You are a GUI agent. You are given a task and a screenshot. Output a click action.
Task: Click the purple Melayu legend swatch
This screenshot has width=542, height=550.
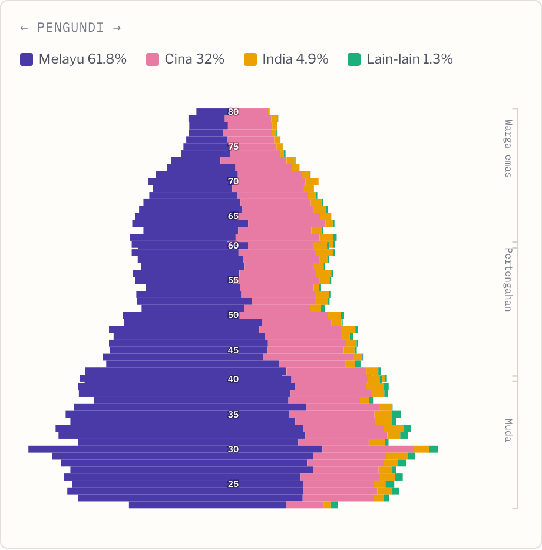point(27,59)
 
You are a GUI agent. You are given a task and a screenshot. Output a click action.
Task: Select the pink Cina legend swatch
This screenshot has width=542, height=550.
point(153,59)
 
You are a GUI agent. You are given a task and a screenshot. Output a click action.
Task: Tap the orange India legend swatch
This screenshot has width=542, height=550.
point(250,59)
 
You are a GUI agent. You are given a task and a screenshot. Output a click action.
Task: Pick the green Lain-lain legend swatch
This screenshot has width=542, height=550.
point(354,59)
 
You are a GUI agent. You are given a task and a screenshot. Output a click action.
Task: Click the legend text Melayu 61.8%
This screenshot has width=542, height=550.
point(82,59)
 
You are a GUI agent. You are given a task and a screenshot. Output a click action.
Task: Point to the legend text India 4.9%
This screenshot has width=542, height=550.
point(295,59)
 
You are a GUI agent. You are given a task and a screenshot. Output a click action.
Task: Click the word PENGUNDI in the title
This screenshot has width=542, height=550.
point(71,28)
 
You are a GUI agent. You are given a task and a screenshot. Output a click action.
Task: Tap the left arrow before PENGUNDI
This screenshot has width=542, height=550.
point(24,28)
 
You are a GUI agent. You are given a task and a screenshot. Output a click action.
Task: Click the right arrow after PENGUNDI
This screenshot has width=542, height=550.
point(117,28)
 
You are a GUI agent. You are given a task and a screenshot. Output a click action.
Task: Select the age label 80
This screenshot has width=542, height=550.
point(233,112)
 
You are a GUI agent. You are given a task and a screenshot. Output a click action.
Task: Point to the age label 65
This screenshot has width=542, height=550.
point(233,216)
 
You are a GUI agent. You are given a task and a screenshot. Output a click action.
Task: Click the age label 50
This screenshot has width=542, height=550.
point(233,315)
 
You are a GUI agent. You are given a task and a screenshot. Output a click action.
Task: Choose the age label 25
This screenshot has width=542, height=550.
point(233,484)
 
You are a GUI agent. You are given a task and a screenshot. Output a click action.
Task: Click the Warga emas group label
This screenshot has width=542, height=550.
point(508,148)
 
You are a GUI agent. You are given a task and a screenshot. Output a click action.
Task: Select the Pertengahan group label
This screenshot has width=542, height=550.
point(508,280)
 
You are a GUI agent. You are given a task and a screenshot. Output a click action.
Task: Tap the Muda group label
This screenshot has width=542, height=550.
point(508,430)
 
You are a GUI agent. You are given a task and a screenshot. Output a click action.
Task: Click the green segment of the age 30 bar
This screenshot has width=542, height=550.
point(434,449)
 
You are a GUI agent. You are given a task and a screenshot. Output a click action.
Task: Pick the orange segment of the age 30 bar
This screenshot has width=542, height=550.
point(422,449)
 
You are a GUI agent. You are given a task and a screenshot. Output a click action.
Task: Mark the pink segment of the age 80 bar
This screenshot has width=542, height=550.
point(253,112)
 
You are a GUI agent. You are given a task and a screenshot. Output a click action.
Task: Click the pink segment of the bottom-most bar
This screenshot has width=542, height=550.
point(305,505)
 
